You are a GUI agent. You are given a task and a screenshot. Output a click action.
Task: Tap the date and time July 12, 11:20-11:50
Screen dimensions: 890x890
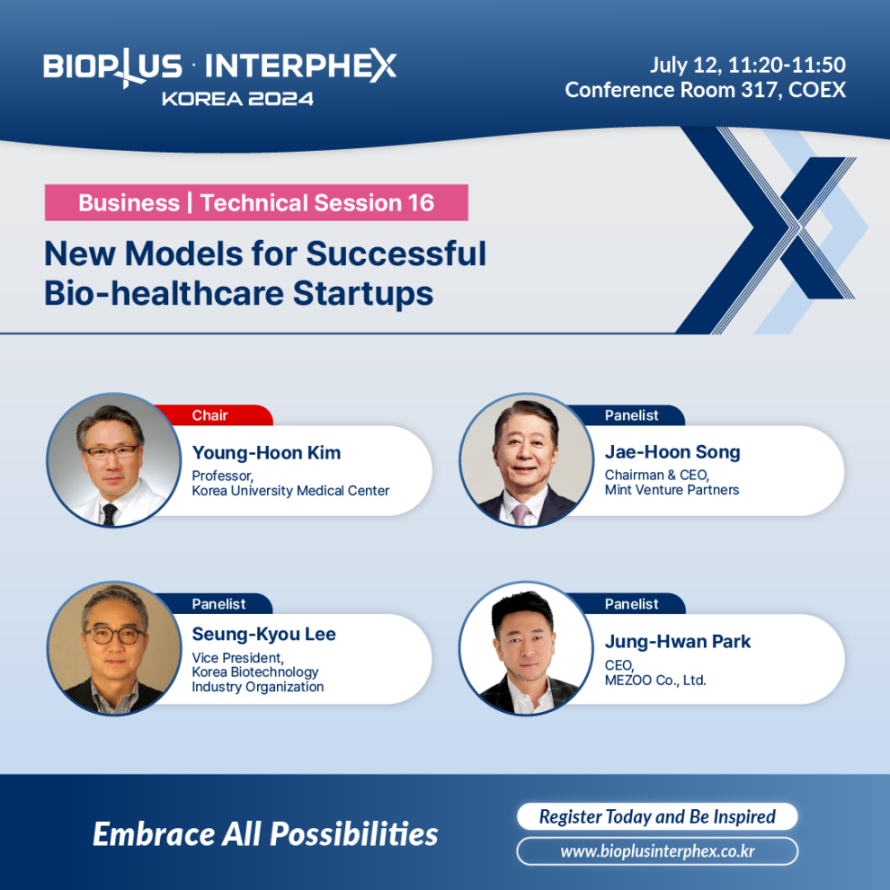coord(748,65)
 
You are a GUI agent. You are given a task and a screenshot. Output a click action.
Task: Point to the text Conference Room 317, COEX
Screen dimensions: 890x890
coord(705,90)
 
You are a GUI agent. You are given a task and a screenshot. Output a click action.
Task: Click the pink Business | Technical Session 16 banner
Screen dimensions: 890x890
coord(256,202)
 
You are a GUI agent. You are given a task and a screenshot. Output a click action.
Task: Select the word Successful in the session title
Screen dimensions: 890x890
coord(396,254)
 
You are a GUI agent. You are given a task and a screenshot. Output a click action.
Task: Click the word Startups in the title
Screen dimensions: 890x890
coord(363,294)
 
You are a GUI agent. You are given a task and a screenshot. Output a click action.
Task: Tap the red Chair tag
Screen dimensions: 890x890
coord(214,415)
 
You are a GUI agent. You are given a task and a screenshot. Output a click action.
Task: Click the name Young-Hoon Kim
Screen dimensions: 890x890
coord(266,453)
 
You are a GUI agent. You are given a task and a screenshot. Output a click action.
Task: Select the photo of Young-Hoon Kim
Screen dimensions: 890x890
coord(114,460)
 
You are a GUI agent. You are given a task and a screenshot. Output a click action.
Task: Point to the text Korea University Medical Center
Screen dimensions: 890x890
coord(290,491)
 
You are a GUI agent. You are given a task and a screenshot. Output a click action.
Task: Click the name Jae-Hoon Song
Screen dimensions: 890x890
coord(672,452)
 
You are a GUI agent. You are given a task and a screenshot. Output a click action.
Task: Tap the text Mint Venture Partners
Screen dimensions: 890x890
coord(672,490)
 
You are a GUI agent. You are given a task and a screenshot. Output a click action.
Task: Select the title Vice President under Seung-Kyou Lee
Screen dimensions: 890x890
coord(238,658)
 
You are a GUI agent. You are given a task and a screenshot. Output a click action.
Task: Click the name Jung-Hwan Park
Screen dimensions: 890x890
coord(678,641)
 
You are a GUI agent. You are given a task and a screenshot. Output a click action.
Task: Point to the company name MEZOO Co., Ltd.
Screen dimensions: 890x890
coord(655,680)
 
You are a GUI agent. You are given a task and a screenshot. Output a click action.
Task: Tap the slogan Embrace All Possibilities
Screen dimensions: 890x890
coord(265,834)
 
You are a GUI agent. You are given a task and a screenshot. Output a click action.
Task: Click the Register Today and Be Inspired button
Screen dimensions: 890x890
coord(657,816)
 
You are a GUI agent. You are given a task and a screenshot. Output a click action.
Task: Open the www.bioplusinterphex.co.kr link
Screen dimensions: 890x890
coord(657,851)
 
